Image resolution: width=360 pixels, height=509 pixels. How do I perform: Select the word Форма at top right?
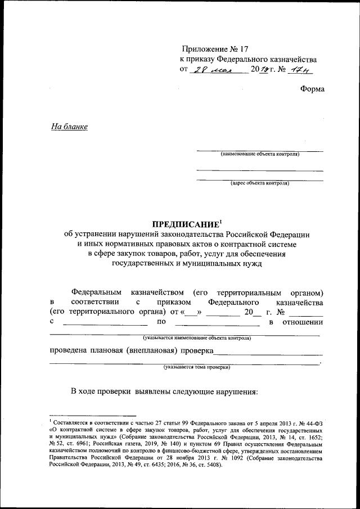coord(312,89)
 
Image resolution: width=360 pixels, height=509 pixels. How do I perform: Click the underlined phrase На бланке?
coord(69,127)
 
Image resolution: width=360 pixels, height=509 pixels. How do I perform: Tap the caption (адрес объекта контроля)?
coord(259,183)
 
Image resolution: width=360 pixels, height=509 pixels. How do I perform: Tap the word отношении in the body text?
coord(304,322)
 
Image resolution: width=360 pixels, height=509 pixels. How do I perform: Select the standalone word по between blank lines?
coord(161,322)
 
